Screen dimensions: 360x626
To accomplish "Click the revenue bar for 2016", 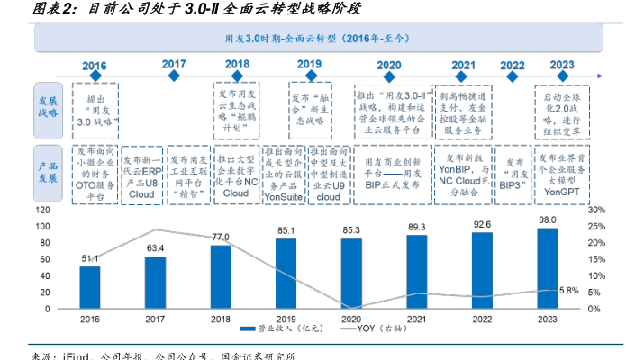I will tap(90, 287).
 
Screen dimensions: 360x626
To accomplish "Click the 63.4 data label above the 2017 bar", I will tap(155, 248).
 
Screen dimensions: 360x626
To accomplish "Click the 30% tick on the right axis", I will tap(595, 210).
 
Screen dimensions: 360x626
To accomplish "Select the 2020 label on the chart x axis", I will tap(351, 319).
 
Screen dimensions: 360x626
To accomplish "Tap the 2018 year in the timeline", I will tap(237, 65).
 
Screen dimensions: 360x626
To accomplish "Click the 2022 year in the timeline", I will tap(512, 65).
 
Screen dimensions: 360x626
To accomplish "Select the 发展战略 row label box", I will tap(48, 107).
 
